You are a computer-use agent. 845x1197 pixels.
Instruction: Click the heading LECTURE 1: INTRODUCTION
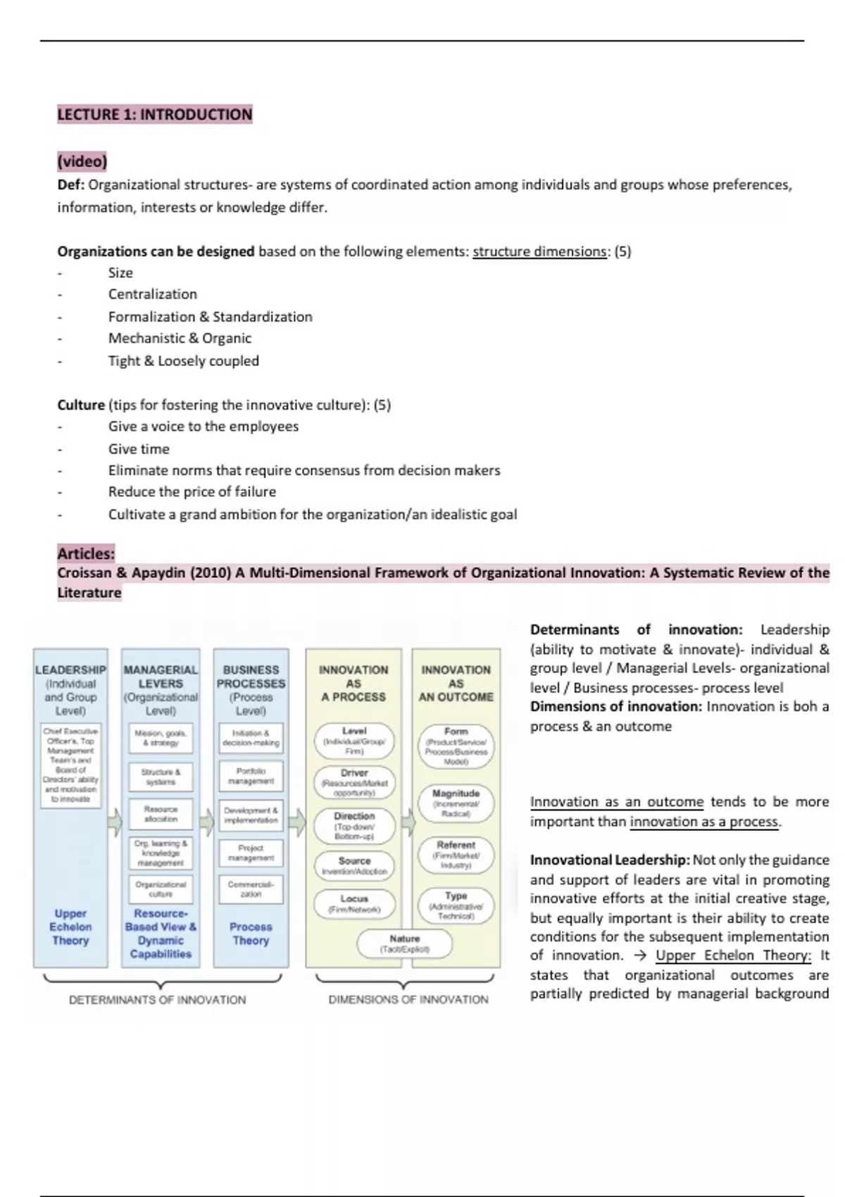point(154,114)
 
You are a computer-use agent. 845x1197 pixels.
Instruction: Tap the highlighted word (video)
point(82,161)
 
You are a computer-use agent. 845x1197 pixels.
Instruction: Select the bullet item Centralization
point(152,294)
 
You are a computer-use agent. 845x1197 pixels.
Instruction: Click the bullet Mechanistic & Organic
point(180,338)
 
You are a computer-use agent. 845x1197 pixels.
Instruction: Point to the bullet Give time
point(139,449)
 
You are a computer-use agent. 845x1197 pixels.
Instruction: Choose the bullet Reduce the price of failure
point(192,491)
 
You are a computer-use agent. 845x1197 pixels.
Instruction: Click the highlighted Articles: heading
point(86,553)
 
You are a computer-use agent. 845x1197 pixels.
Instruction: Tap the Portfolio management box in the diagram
point(251,776)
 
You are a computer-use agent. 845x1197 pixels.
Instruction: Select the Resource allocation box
point(161,814)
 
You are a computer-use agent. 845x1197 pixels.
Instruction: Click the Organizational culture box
point(161,889)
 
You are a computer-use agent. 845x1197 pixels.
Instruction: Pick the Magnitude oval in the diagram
point(456,803)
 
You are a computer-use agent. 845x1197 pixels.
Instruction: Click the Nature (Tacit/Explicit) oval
point(404,944)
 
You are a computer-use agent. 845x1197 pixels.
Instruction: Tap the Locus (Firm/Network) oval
point(354,904)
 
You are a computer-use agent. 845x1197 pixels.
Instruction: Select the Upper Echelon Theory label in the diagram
point(70,927)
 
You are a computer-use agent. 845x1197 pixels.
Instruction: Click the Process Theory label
point(251,934)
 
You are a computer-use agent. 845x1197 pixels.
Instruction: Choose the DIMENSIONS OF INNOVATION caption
point(408,999)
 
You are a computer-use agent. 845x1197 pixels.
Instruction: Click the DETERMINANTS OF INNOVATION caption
point(158,1000)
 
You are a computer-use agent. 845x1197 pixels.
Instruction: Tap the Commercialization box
point(251,889)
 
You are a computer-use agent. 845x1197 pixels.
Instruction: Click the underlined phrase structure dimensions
point(539,251)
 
